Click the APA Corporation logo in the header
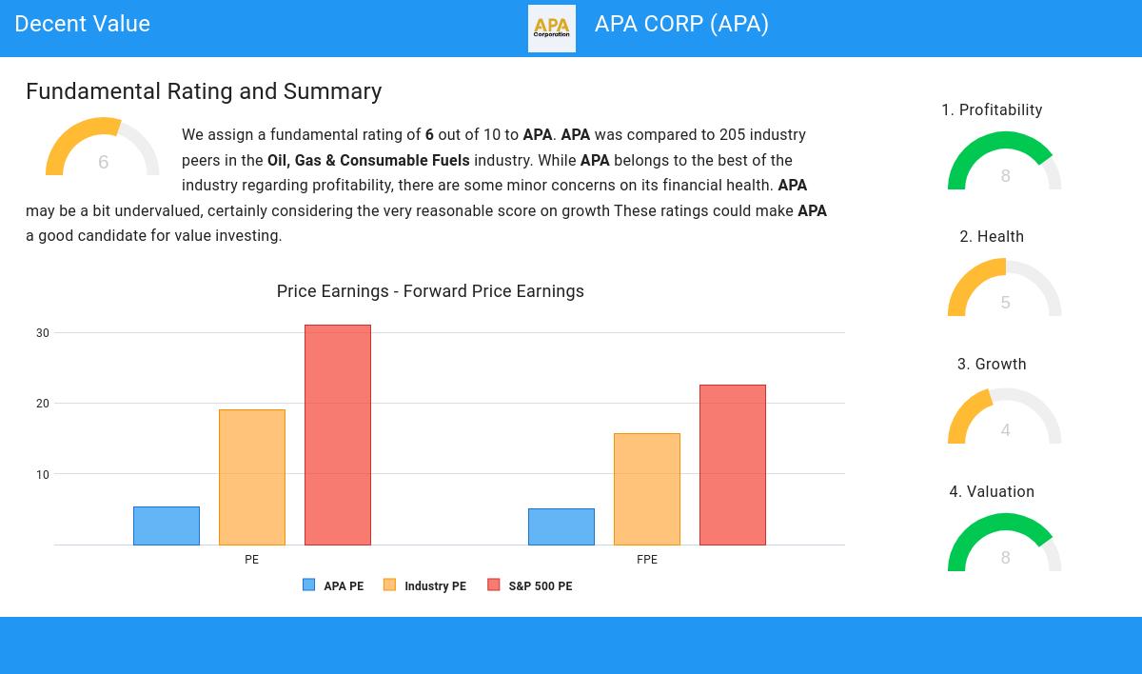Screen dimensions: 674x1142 (x=552, y=29)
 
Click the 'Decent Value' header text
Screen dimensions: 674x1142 (x=83, y=25)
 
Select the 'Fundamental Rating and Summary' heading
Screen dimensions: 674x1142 (x=204, y=91)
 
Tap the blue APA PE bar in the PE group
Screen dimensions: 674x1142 (x=167, y=525)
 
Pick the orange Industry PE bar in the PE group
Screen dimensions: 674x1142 (x=252, y=477)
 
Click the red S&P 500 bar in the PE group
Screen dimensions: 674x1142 (x=338, y=435)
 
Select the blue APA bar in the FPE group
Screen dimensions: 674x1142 (x=561, y=526)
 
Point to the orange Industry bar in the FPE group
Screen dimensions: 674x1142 (x=647, y=489)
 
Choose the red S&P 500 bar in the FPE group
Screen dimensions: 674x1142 (x=733, y=465)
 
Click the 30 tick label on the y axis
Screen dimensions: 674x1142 (x=43, y=333)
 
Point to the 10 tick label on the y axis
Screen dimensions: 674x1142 (x=43, y=474)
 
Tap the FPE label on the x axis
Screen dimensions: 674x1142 (x=647, y=560)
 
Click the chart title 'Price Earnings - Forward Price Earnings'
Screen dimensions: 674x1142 (x=430, y=291)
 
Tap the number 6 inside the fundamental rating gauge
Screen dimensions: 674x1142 (x=103, y=163)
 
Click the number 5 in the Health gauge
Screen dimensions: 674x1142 (x=1005, y=303)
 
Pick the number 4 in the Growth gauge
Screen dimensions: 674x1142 (x=1005, y=430)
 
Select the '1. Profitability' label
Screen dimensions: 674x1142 (x=992, y=110)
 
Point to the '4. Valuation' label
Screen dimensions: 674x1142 (x=992, y=492)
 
